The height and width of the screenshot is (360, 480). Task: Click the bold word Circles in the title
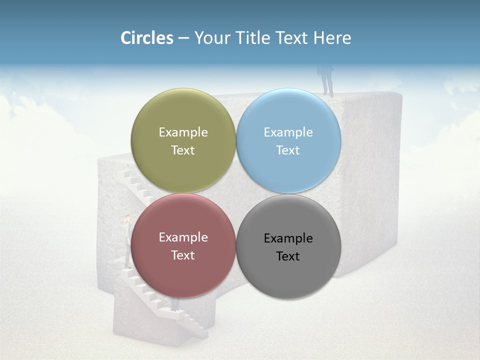[146, 38]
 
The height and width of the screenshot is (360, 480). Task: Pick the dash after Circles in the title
[183, 38]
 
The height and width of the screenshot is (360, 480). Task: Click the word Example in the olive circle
[183, 132]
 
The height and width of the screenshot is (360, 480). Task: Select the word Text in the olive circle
[183, 150]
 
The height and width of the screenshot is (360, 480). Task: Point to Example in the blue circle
[288, 132]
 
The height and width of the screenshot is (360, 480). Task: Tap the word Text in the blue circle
[288, 150]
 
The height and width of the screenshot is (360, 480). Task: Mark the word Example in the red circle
[183, 237]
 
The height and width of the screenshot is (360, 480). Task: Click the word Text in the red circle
[183, 255]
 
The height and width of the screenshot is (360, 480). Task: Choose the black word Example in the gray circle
[288, 238]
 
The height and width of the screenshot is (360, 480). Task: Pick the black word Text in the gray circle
[288, 256]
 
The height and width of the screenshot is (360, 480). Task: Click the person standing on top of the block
[327, 80]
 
